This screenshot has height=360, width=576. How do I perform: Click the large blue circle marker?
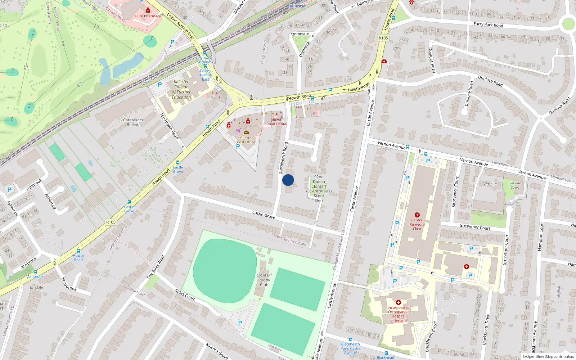[x=288, y=180]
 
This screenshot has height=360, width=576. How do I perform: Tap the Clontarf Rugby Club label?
[x=264, y=280]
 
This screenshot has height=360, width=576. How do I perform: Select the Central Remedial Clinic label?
[x=417, y=224]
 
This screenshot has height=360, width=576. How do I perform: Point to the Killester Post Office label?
[x=246, y=140]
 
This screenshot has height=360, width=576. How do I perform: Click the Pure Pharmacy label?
[x=148, y=16]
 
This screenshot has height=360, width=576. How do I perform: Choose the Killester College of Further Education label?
[x=181, y=89]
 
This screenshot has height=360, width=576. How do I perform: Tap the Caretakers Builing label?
[x=133, y=122]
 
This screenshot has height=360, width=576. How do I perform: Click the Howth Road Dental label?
[x=277, y=122]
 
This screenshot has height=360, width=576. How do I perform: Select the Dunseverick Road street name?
[x=283, y=158]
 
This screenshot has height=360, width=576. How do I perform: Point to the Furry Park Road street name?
[x=488, y=25]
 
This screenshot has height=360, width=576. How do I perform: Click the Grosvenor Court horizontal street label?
[x=475, y=227]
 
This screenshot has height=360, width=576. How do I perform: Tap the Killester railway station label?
[x=298, y=6]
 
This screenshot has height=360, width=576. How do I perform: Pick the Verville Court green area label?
[x=515, y=185]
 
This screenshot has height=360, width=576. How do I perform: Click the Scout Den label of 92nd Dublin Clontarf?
[x=319, y=189]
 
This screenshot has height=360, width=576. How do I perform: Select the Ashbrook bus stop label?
[x=35, y=276]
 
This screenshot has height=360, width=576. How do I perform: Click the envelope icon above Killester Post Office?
[x=246, y=132]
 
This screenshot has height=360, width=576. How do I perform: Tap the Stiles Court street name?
[x=185, y=294]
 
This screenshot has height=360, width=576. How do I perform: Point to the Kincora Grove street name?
[x=217, y=351]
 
